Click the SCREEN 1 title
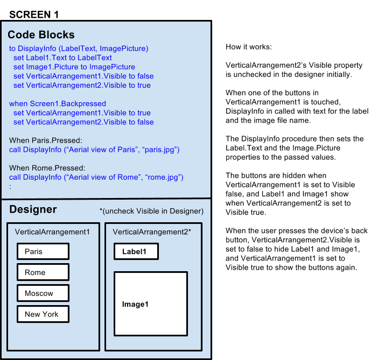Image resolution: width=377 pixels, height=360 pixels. coord(34,15)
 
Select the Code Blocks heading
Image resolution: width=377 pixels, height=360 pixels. coord(41,34)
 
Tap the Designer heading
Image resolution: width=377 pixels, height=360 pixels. coord(33,209)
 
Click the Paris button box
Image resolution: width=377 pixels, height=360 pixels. coord(43,251)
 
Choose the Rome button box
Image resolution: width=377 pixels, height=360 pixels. coord(43,272)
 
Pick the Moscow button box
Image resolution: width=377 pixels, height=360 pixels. coord(43,293)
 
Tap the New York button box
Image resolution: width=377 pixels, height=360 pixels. coord(43,314)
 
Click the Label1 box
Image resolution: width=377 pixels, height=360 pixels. coord(136,251)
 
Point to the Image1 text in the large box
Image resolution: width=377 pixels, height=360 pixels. coord(135,304)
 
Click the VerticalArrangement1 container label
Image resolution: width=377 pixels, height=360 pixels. coord(52,232)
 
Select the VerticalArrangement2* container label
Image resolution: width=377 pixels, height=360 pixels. coord(152,232)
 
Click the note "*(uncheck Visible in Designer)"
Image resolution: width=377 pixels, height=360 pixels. coord(151,211)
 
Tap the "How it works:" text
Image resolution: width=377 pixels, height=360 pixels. coord(249,47)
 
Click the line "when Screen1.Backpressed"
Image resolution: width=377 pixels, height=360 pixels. coord(58,104)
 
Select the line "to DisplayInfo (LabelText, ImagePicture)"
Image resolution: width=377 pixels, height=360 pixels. coord(79,48)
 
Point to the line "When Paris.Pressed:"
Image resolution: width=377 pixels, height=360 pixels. coord(46,140)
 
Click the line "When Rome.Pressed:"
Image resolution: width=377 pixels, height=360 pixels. coord(47,168)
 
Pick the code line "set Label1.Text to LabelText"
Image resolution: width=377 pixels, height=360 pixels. coord(62,58)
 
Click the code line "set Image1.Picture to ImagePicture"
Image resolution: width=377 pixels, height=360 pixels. coord(74,67)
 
